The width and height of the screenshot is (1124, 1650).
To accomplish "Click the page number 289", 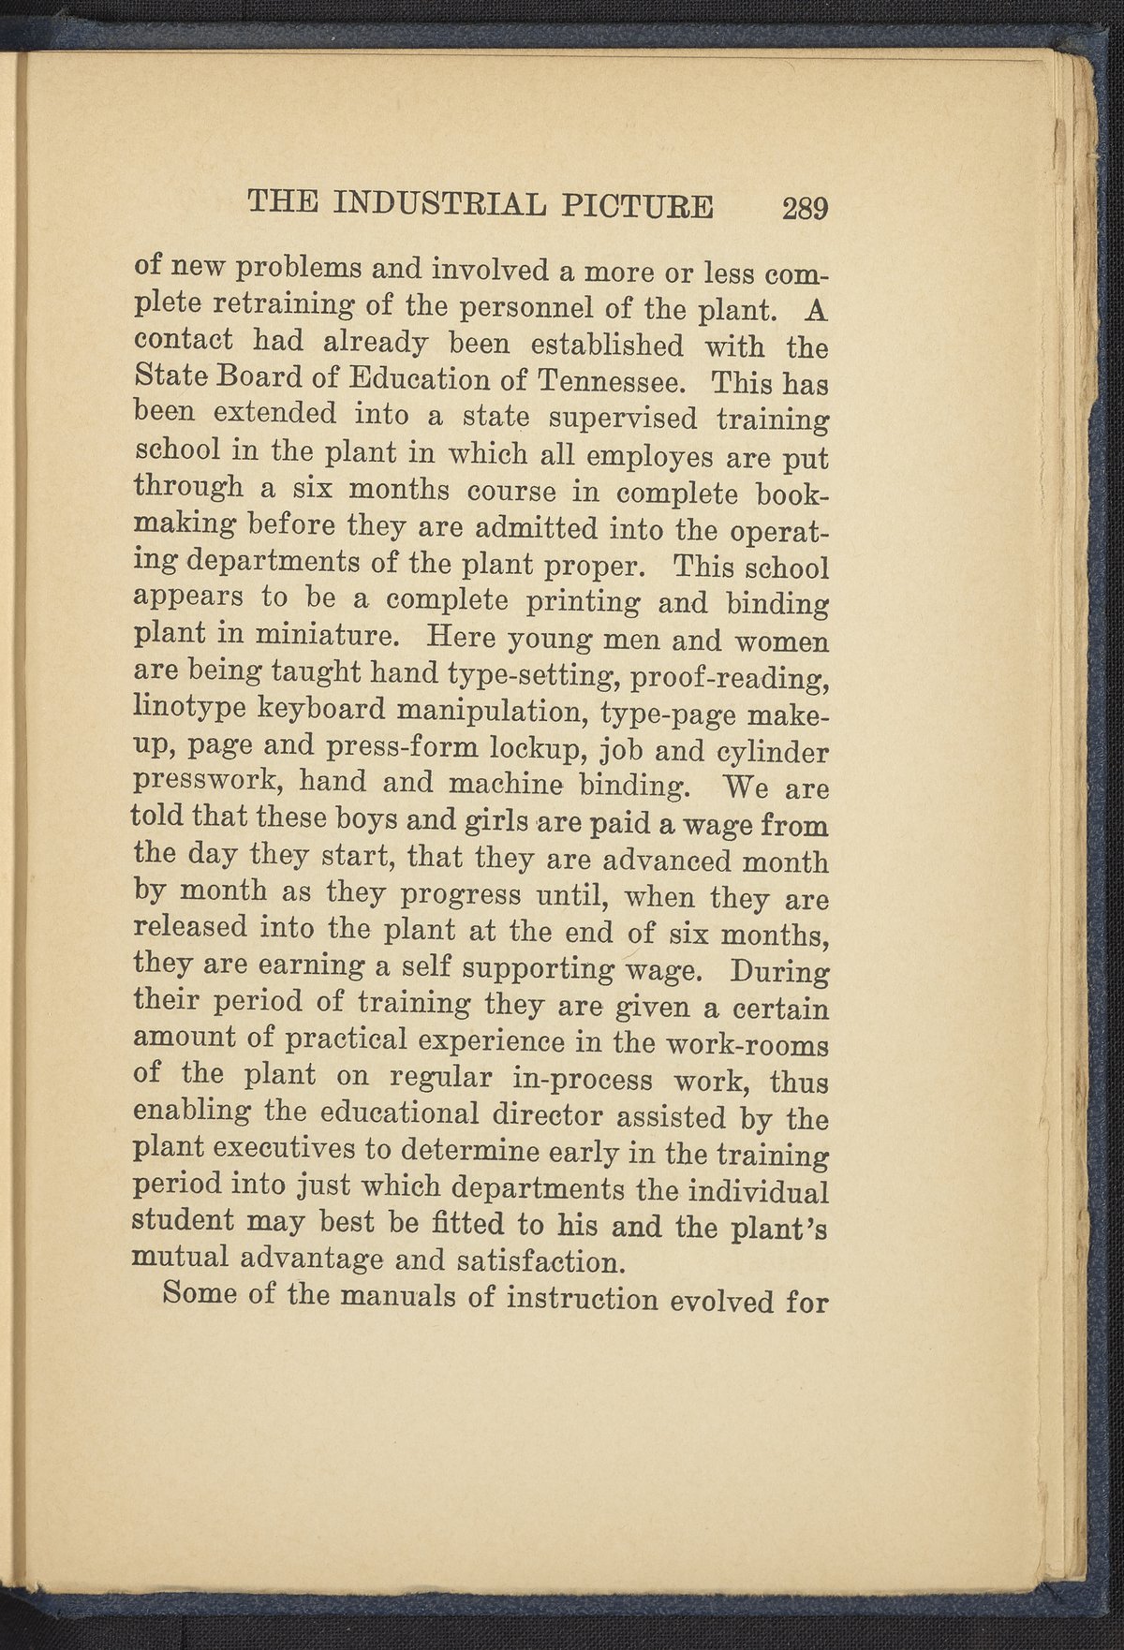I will click(x=806, y=207).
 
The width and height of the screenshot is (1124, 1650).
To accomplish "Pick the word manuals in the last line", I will click(x=402, y=1298).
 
